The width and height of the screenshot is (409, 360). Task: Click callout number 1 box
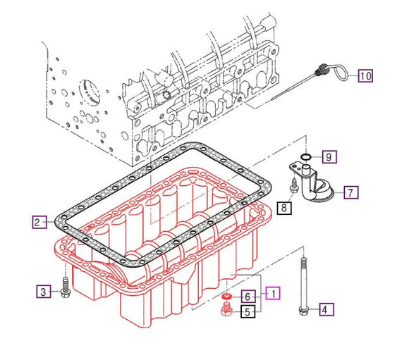pos(271,291)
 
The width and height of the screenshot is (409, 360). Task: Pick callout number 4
pos(325,309)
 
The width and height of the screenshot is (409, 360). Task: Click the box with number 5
pos(248,311)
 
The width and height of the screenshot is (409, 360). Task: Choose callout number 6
pos(248,296)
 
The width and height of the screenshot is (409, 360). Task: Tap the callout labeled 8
pos(283,207)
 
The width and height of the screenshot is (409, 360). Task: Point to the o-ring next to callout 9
pos(305,156)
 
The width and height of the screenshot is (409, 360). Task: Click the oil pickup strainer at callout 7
pos(314,189)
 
